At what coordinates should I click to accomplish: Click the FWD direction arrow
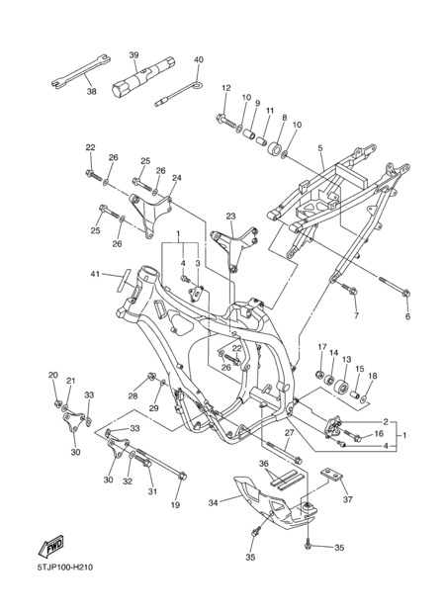pyautogui.click(x=50, y=545)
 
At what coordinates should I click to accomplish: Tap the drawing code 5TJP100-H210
pyautogui.click(x=65, y=567)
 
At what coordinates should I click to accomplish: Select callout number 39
pyautogui.click(x=133, y=55)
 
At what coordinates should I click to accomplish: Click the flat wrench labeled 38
pyautogui.click(x=81, y=71)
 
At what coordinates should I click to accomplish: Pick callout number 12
pyautogui.click(x=226, y=88)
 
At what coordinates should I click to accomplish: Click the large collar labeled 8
pyautogui.click(x=275, y=148)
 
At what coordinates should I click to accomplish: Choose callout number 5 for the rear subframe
pyautogui.click(x=320, y=148)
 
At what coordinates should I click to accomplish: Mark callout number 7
pyautogui.click(x=356, y=315)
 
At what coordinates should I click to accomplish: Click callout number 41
pyautogui.click(x=95, y=274)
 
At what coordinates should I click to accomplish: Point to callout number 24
pyautogui.click(x=177, y=178)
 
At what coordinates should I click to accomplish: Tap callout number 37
pyautogui.click(x=347, y=499)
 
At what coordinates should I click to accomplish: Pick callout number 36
pyautogui.click(x=264, y=464)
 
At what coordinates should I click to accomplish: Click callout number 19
pyautogui.click(x=175, y=505)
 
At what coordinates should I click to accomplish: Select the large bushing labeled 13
pyautogui.click(x=342, y=388)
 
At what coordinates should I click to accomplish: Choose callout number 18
pyautogui.click(x=373, y=376)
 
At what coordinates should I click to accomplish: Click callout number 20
pyautogui.click(x=52, y=375)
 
